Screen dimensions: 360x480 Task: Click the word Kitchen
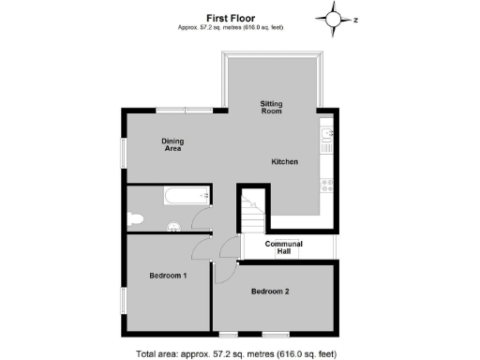285,162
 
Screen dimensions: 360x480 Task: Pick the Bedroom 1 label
169,276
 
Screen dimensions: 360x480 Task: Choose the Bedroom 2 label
270,292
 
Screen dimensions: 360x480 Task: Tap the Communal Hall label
284,247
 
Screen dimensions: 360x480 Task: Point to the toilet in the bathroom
134,219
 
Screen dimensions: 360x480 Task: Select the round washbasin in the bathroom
173,226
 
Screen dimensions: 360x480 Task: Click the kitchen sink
325,140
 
